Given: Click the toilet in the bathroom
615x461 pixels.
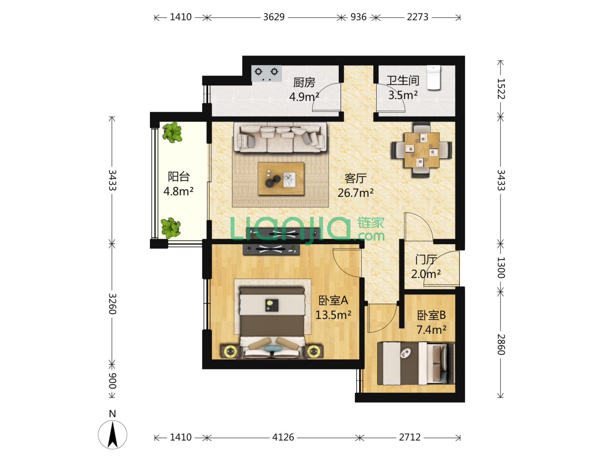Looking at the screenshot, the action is [433, 78].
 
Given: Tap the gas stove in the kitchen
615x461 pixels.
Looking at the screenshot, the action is [266, 73].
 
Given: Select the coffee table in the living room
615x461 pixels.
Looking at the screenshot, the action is [281, 178].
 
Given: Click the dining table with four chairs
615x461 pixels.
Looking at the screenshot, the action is [422, 150].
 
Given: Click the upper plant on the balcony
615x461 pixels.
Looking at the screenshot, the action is [172, 132].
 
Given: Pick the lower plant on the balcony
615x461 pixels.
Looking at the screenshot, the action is [170, 228].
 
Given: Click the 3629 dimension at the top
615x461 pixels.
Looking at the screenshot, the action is [274, 17].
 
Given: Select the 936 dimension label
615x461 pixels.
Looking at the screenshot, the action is [358, 17].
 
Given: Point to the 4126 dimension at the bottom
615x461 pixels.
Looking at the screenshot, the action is [283, 437].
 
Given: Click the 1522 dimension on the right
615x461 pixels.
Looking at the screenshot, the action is [501, 89].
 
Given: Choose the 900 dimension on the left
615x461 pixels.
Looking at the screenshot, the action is [112, 381].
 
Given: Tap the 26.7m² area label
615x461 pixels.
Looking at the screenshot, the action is [355, 193].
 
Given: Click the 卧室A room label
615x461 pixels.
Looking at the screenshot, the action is [333, 301].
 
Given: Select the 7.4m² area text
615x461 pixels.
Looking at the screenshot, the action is [431, 330].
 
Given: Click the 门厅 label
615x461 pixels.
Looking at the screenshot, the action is [426, 260].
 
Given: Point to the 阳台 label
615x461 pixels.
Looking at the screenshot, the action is [179, 177].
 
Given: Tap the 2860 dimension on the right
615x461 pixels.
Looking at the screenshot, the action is [501, 344].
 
